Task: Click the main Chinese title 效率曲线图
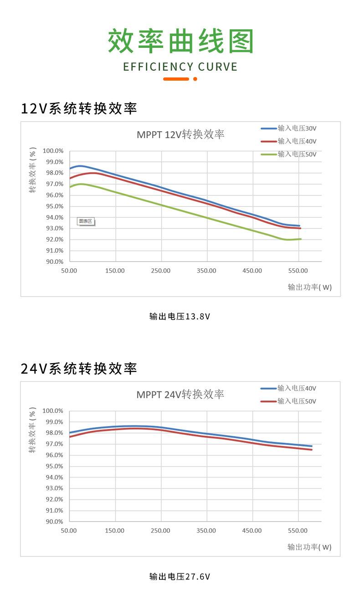click(180, 41)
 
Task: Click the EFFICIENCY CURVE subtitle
click(180, 67)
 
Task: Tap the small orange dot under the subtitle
click(195, 79)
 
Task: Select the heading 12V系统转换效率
click(79, 109)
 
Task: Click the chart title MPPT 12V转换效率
click(180, 134)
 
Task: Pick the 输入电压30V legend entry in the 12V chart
click(297, 128)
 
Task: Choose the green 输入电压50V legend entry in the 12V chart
click(297, 154)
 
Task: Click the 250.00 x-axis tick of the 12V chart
click(160, 271)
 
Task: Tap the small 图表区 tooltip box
click(86, 221)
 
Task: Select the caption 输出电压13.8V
click(180, 316)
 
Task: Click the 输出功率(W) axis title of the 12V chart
click(309, 288)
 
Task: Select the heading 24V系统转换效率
click(79, 369)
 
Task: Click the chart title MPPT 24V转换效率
click(180, 395)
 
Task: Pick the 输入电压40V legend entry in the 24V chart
click(297, 388)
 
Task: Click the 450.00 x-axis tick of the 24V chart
click(252, 531)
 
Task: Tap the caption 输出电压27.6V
click(180, 576)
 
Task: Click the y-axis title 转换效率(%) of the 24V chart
click(32, 431)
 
